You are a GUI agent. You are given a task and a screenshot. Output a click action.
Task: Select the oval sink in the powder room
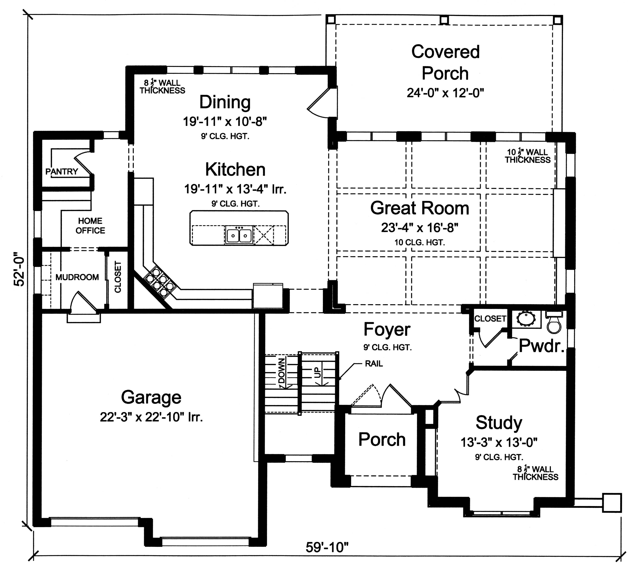click(x=526, y=319)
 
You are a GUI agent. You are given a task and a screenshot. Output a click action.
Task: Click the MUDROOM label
click(x=77, y=277)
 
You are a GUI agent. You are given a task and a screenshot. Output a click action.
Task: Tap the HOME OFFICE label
click(x=90, y=226)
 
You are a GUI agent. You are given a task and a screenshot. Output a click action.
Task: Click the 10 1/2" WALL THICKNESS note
click(x=528, y=156)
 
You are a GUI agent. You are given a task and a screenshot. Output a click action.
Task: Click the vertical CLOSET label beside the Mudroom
click(x=118, y=277)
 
